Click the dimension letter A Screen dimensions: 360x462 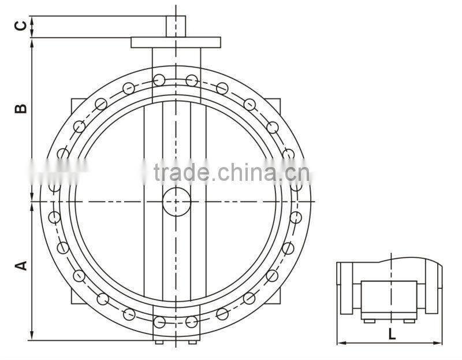point(20,265)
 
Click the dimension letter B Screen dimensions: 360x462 point(20,108)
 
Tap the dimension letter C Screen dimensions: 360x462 point(20,26)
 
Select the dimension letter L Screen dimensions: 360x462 point(392,333)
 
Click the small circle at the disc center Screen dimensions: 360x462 point(176,201)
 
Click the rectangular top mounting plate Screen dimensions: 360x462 point(176,42)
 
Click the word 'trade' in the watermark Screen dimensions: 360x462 point(181,172)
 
